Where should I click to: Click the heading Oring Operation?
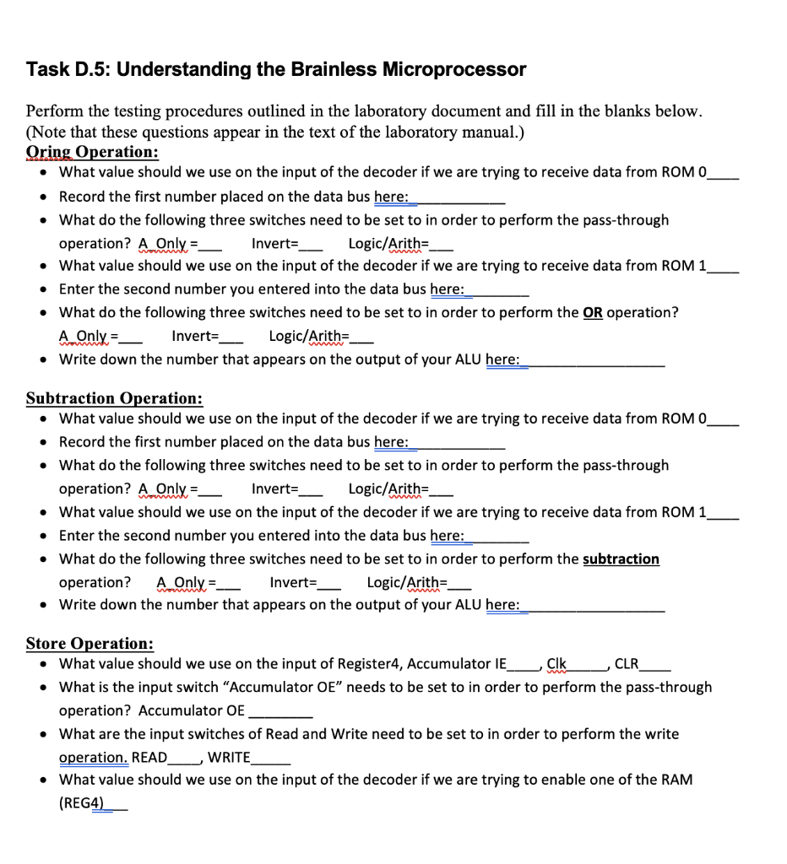(92, 153)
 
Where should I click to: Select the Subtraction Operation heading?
(114, 398)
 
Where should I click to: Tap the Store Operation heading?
(90, 644)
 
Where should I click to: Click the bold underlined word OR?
(593, 312)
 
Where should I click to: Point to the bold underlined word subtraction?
(621, 559)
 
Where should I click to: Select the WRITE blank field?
(271, 758)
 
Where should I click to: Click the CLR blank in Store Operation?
(657, 664)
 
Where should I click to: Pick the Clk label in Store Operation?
(556, 663)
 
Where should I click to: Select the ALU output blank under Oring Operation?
(595, 359)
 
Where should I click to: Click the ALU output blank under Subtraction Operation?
(595, 605)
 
